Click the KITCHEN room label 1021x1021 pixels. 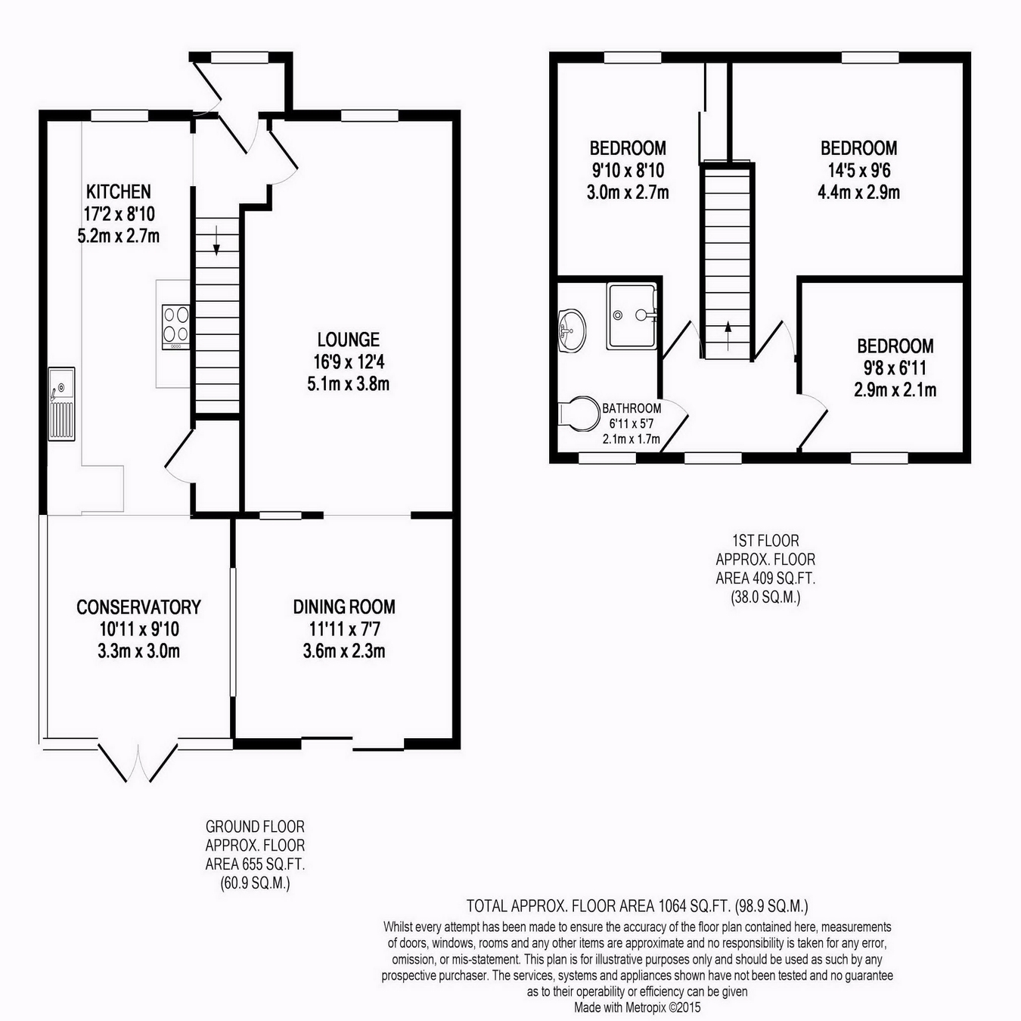(119, 191)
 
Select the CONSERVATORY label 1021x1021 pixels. (139, 607)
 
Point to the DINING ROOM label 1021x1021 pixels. (344, 607)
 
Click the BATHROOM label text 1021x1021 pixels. (632, 408)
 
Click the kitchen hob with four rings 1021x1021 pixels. (176, 327)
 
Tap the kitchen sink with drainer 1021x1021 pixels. (62, 404)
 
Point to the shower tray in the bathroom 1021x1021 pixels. (632, 316)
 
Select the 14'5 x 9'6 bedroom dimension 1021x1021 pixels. (859, 170)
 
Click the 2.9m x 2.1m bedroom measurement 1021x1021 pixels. (895, 390)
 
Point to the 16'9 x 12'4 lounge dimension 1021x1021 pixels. (349, 362)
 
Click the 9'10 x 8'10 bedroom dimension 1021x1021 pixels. (628, 170)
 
